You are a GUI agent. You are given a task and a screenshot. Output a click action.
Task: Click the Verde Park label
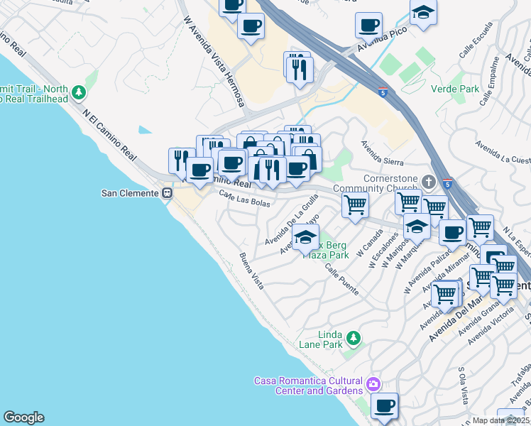[x=455, y=89]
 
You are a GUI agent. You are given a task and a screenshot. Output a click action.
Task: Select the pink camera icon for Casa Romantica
[x=373, y=386]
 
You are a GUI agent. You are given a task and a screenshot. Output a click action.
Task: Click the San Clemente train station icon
[x=168, y=192]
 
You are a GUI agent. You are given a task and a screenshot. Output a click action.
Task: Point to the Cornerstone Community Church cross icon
[x=428, y=179]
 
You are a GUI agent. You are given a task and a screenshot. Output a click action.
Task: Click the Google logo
[x=23, y=417]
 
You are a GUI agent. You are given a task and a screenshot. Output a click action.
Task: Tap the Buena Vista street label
[x=251, y=271]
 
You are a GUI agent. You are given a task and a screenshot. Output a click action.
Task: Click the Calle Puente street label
[x=341, y=280]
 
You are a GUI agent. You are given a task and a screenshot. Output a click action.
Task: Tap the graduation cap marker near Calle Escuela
[x=423, y=13]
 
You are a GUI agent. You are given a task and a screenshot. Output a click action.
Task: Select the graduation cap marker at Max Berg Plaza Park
[x=305, y=238]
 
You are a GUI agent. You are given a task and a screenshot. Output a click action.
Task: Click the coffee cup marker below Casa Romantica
[x=384, y=405]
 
